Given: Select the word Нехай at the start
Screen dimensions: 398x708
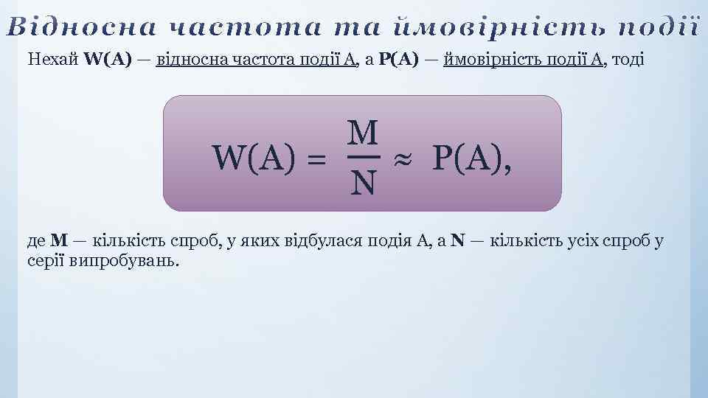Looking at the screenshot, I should tap(53, 60).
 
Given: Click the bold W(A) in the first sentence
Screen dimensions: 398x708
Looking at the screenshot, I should tap(108, 60).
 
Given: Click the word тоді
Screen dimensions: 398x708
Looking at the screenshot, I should tap(625, 60).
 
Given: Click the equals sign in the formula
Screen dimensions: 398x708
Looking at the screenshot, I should tap(315, 158).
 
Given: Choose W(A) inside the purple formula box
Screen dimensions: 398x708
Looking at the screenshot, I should tap(254, 157).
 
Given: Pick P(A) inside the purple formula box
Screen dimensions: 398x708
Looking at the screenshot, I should tap(468, 157).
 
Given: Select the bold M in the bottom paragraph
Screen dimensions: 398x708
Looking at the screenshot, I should tap(60, 240).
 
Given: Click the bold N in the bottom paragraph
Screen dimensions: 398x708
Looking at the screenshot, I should tap(458, 240).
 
